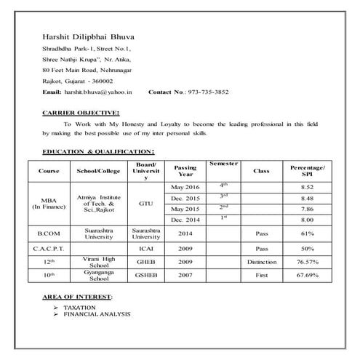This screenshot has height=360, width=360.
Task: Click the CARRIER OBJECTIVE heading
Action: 81,113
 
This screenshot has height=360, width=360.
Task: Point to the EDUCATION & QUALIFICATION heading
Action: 98,151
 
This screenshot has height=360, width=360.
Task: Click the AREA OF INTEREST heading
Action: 78,299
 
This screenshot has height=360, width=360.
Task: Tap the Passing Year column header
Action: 185,171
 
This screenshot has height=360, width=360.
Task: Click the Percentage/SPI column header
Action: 308,171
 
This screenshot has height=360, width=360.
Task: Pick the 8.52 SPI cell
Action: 308,188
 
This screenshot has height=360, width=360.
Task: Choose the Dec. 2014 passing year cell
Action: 185,219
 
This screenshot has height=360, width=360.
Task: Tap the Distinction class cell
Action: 261,261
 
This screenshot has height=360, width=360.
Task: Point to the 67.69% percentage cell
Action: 308,276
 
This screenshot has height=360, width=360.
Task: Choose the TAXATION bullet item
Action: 80,308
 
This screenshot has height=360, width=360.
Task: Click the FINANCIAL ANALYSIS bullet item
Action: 97,314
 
